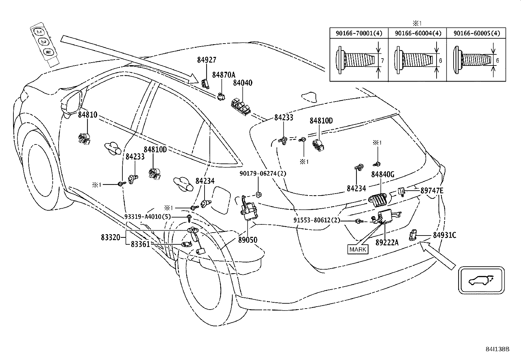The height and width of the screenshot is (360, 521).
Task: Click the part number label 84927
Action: [207, 60]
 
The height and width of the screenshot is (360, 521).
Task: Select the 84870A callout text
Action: [224, 75]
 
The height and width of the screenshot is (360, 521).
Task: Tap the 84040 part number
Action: [243, 83]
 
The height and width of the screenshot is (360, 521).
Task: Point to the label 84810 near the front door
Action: [87, 115]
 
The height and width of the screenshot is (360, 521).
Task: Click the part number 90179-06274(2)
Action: [263, 174]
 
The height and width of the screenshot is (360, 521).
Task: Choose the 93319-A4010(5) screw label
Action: [148, 217]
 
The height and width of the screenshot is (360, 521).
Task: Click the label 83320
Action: [111, 237]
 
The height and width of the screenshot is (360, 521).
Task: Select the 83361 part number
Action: [140, 244]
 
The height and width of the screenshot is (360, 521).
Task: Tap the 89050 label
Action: [248, 240]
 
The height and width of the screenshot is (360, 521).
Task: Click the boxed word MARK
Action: [358, 250]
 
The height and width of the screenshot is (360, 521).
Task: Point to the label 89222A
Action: [387, 243]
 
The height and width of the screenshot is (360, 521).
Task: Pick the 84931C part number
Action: [444, 236]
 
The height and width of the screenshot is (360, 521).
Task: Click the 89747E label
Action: [432, 191]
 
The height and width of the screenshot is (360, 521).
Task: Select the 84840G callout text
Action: [383, 174]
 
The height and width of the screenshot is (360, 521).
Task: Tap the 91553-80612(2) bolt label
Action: [317, 220]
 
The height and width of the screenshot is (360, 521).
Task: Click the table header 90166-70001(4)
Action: [359, 33]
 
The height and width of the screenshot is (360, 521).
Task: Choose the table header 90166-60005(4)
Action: [477, 33]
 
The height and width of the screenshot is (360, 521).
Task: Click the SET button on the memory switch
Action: [48, 52]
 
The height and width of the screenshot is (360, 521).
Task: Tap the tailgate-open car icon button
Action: [481, 280]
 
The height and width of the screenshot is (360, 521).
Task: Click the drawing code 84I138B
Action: [497, 349]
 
